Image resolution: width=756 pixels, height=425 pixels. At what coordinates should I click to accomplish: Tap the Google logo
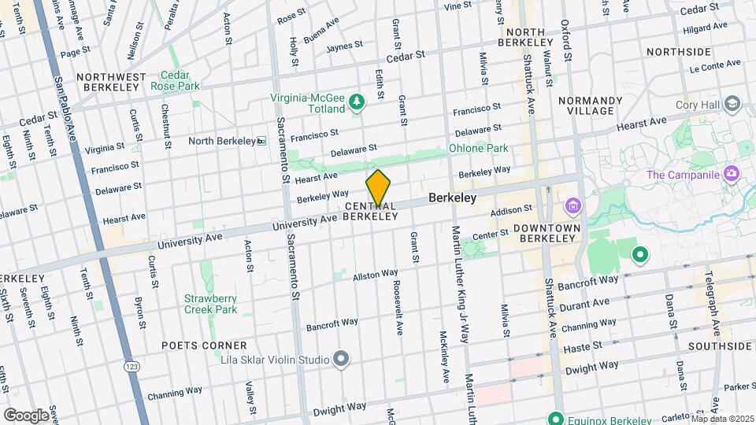(x=26, y=415)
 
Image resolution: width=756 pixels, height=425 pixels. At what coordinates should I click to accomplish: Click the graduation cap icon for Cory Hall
(x=732, y=104)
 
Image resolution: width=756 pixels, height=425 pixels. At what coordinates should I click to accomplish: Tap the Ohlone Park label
(x=478, y=147)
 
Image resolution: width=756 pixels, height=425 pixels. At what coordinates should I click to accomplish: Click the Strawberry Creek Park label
(x=210, y=304)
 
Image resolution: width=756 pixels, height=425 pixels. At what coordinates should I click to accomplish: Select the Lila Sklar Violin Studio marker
(x=341, y=359)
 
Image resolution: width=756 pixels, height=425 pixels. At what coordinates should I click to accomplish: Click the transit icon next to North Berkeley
(x=262, y=141)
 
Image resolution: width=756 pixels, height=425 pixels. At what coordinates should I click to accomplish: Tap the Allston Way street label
(x=375, y=275)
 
